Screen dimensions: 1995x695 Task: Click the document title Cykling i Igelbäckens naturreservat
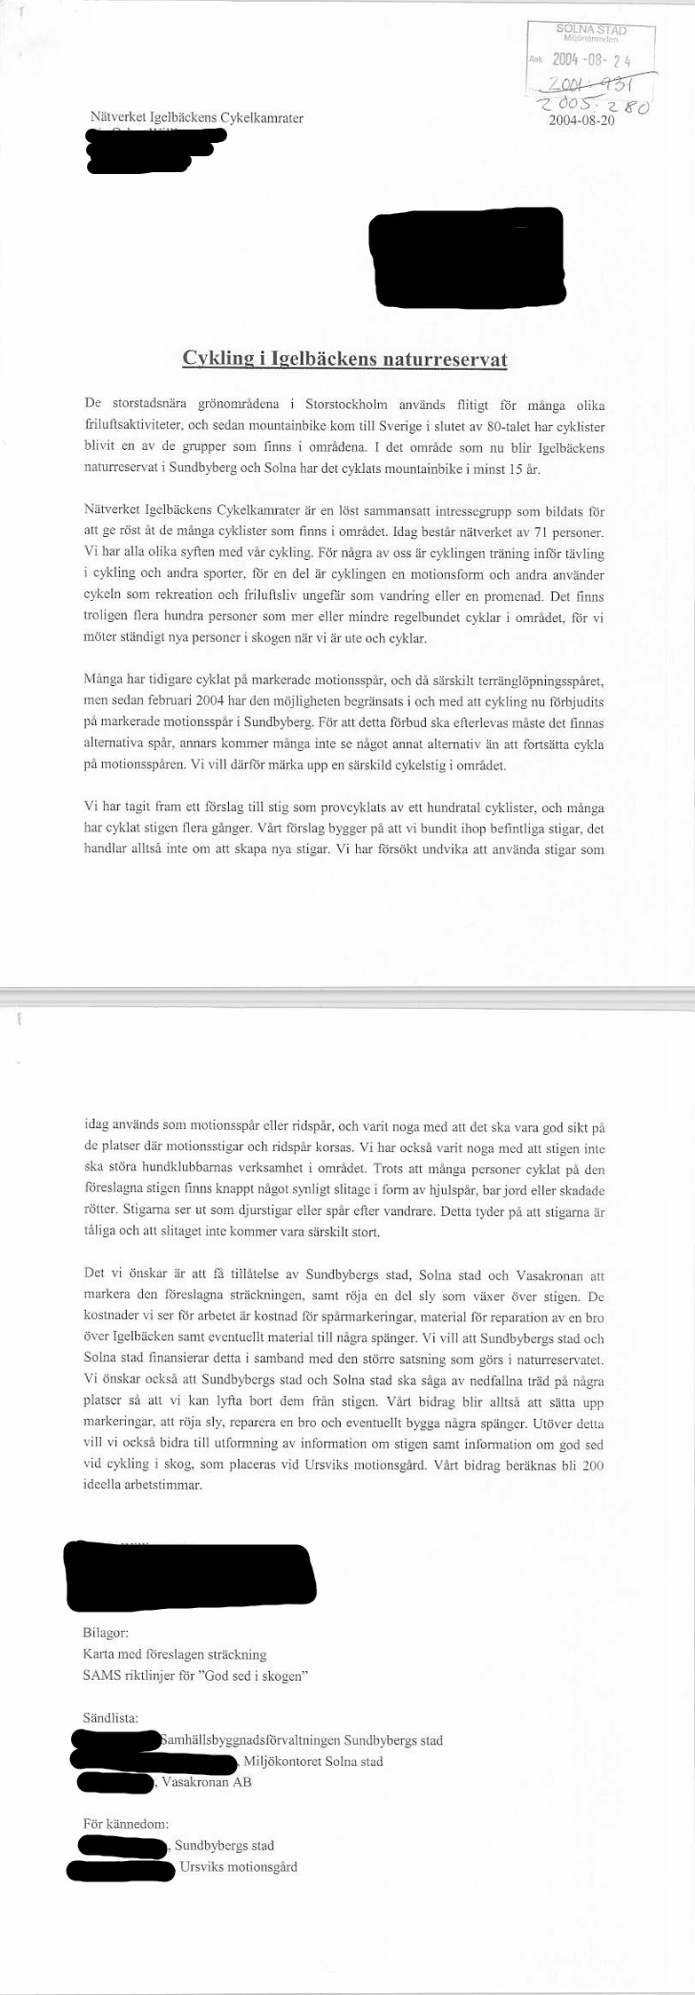click(344, 359)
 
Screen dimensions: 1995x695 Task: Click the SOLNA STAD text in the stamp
click(591, 30)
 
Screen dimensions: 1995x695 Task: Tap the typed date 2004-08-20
click(581, 121)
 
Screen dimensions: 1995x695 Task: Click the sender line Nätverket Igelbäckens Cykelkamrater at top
click(197, 117)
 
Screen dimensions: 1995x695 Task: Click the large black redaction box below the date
click(467, 254)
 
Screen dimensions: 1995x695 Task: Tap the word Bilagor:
click(106, 1632)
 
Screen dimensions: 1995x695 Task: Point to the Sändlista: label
click(110, 1718)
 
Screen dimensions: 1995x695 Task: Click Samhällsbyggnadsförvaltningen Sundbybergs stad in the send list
click(302, 1740)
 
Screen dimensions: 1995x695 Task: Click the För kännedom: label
click(125, 1824)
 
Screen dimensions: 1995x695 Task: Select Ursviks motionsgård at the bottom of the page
click(238, 1866)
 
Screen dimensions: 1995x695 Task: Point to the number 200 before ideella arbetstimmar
click(593, 1465)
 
